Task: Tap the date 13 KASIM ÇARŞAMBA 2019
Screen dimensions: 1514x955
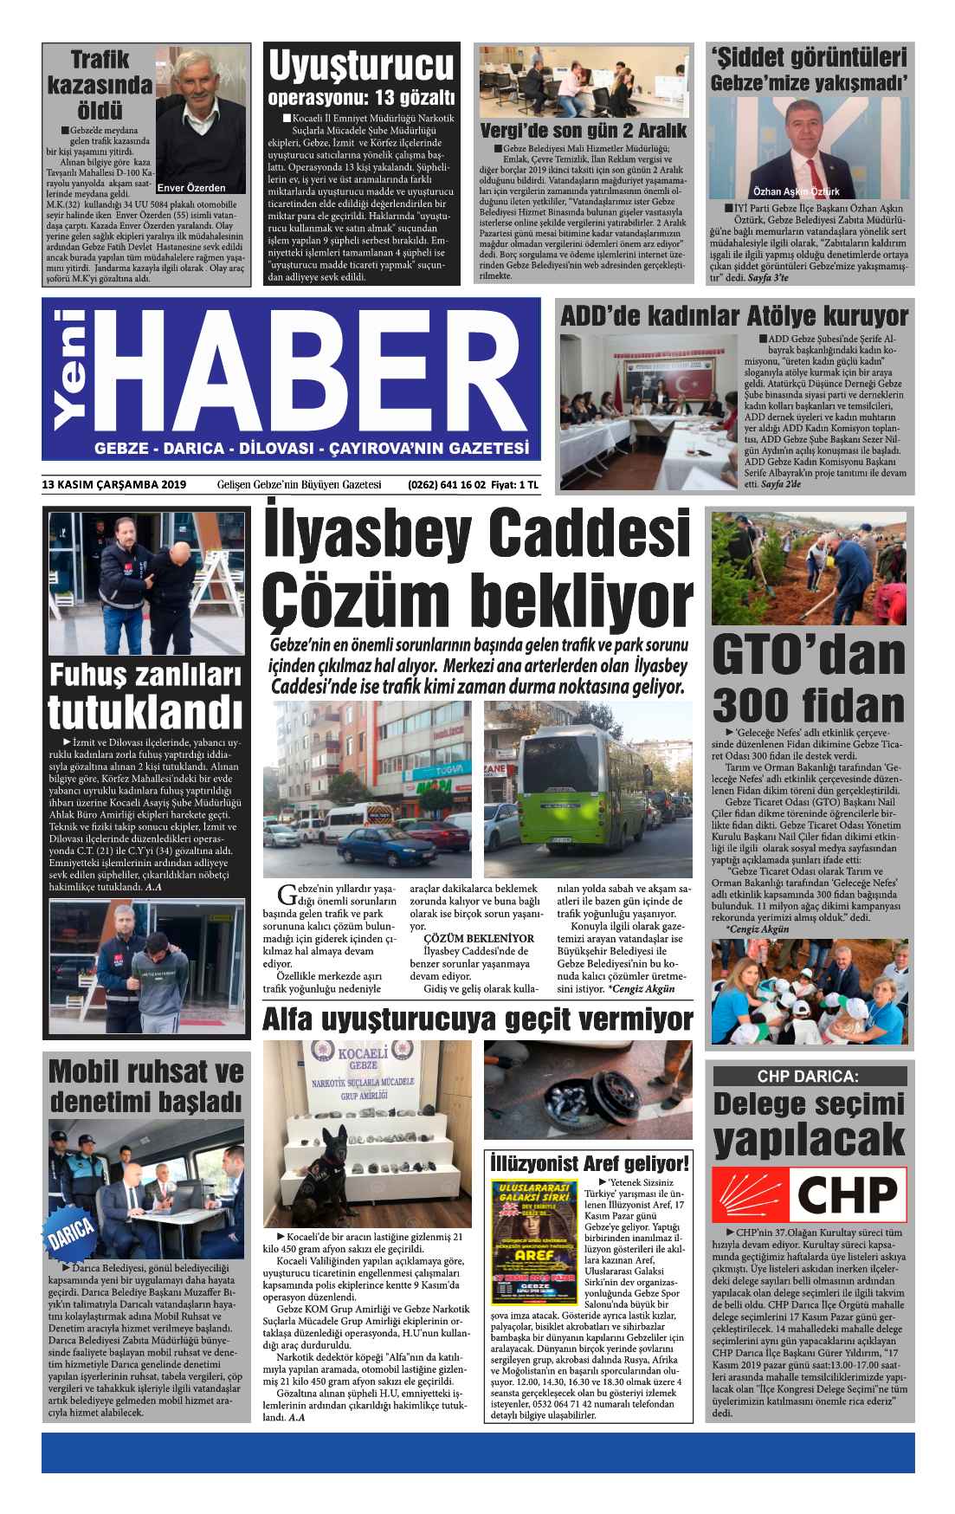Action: (113, 486)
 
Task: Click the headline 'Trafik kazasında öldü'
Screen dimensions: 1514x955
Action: (100, 86)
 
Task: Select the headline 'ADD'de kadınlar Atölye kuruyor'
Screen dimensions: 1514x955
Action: (734, 315)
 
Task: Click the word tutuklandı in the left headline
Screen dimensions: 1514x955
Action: (144, 712)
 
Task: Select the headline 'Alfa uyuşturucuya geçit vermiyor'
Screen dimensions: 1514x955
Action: (478, 1019)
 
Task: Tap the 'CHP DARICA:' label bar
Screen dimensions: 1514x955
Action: (808, 1077)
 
